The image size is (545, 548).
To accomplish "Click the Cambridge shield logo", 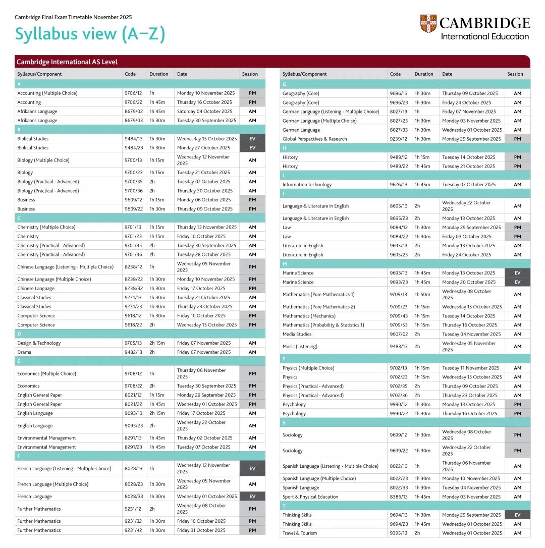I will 427,24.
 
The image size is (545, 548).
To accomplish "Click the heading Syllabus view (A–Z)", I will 90,34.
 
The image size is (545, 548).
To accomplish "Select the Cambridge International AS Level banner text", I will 67,62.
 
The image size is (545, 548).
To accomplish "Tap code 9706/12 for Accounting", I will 133,93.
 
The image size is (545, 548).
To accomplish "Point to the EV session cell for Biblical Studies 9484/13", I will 252,139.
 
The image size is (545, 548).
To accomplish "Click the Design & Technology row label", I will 39,343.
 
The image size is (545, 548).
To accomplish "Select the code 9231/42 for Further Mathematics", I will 133,530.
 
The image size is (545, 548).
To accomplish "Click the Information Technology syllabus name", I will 307,185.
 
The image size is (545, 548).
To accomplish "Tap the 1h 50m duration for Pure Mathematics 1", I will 422,294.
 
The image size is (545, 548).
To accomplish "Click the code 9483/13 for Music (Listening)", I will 398,347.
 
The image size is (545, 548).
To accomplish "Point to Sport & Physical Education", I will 310,497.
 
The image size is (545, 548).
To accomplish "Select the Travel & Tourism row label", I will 300,533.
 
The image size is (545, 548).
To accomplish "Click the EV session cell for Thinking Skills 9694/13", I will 517,515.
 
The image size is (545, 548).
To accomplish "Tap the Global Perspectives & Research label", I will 315,139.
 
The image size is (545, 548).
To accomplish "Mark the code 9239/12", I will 398,139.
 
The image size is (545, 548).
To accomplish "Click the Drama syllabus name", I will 24,352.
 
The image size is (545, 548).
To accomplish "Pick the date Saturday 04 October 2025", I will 204,112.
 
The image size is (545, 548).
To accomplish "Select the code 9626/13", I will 398,185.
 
